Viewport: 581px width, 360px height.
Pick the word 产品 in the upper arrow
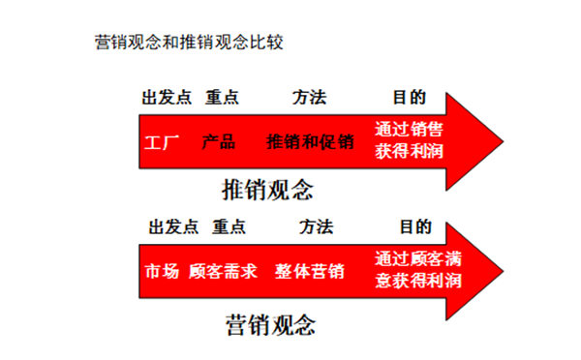point(219,142)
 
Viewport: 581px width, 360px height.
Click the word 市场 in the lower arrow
point(162,272)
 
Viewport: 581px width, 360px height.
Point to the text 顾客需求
point(224,272)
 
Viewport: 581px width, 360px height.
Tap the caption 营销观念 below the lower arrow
point(270,320)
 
